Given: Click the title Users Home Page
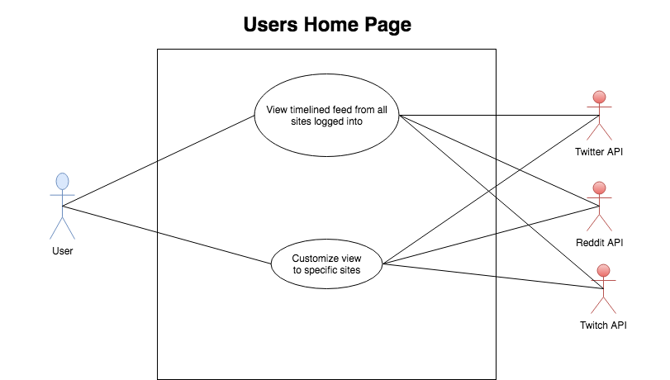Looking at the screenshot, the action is (x=327, y=25).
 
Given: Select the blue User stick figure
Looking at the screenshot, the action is (x=63, y=206).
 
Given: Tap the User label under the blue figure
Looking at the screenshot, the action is (x=63, y=251).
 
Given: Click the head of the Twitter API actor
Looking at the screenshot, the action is (x=600, y=97).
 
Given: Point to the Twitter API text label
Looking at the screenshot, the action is (x=599, y=152).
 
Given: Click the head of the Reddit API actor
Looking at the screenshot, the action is (x=600, y=188).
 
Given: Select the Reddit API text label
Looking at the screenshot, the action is (x=600, y=243).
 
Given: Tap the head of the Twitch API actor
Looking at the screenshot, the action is (x=603, y=271).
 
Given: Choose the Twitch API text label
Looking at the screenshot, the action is (x=603, y=325).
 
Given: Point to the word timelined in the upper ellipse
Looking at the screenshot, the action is (x=310, y=110).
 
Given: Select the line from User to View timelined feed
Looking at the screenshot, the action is (x=159, y=161).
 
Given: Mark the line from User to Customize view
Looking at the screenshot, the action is (x=167, y=235).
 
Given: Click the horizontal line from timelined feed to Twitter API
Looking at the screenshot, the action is (x=499, y=115).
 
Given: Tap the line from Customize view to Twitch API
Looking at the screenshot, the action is (x=492, y=276).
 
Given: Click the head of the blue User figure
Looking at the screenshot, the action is (x=63, y=181).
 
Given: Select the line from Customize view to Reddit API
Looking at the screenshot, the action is (x=491, y=235).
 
